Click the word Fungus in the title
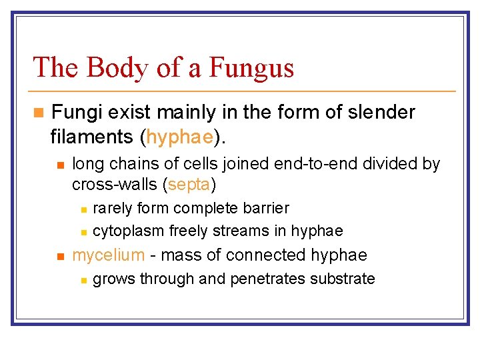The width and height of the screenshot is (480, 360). [x=251, y=67]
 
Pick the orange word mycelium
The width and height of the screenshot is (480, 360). [x=108, y=255]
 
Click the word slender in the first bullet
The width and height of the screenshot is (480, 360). [x=381, y=112]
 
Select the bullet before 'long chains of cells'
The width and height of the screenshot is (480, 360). [x=61, y=164]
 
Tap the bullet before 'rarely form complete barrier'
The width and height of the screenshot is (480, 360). [x=83, y=209]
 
